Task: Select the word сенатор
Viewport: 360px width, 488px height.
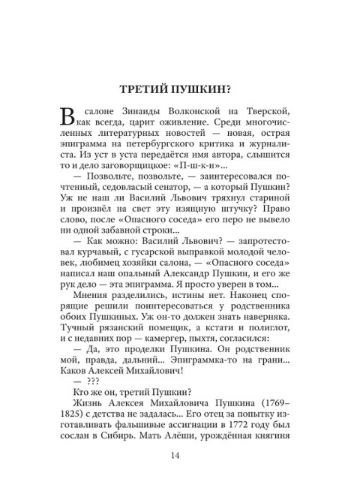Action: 190,190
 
